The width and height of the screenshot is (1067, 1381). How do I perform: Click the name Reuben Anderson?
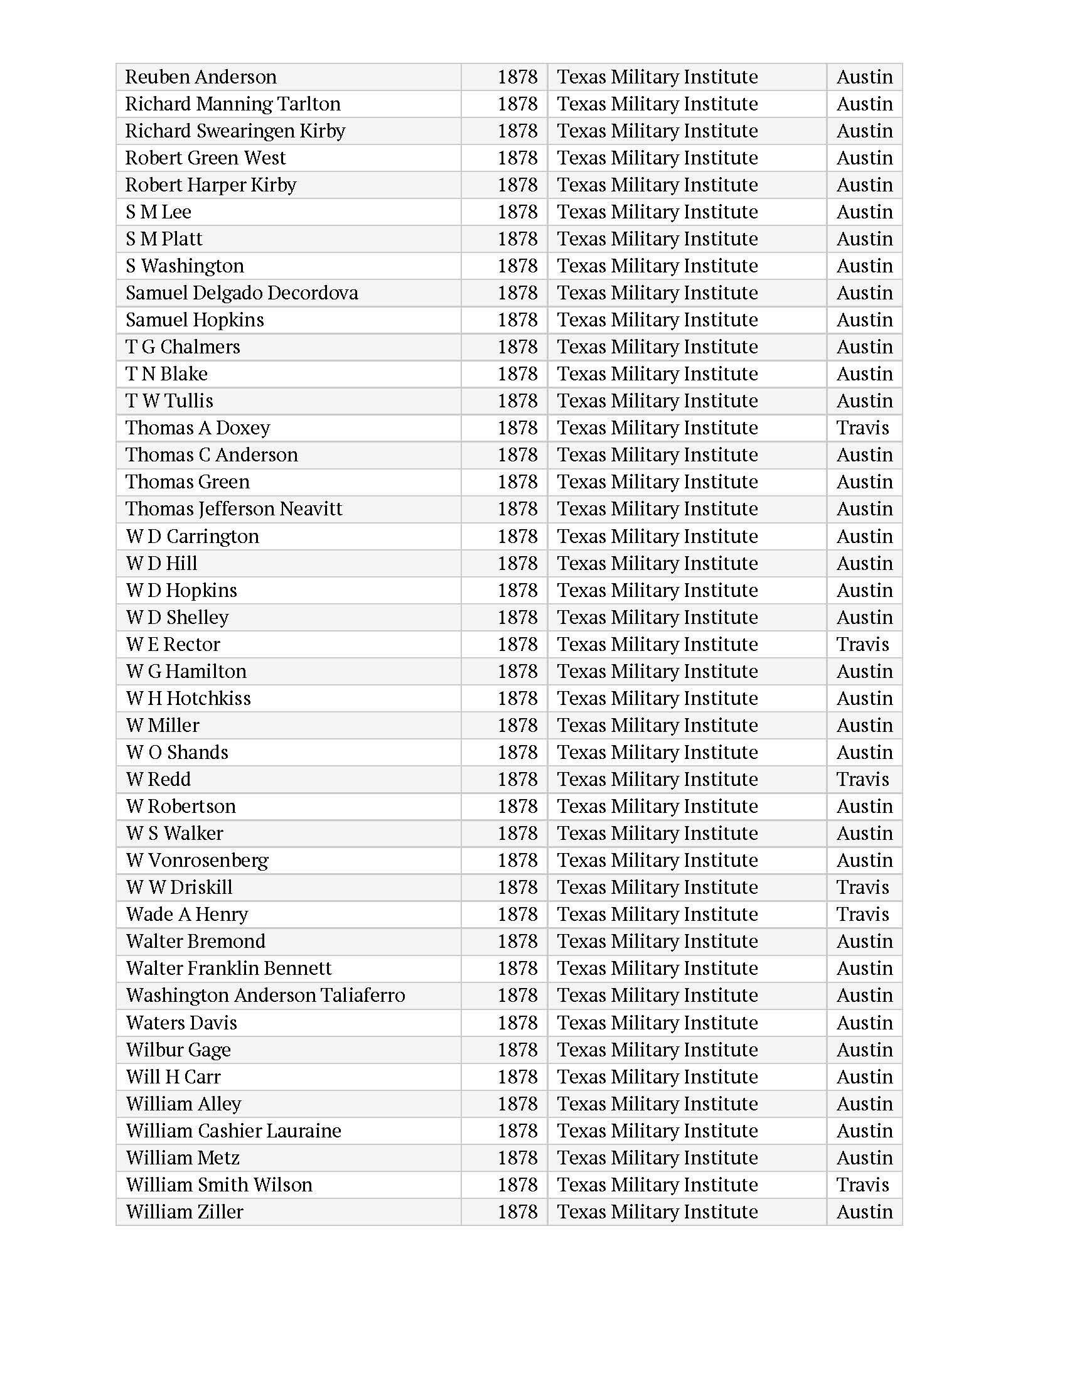click(x=200, y=77)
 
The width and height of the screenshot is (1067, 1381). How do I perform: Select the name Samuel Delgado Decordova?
click(x=242, y=293)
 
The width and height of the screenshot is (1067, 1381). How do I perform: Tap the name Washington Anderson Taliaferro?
click(x=265, y=996)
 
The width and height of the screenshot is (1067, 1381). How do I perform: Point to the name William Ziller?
click(x=184, y=1212)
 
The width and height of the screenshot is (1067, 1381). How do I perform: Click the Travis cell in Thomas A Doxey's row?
click(x=862, y=428)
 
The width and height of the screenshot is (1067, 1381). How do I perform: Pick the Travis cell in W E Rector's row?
click(x=862, y=644)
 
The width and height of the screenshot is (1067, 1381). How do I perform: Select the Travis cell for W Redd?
click(x=862, y=779)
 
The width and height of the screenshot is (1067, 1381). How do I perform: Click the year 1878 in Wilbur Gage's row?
click(x=517, y=1050)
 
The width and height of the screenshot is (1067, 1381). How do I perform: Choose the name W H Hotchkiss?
click(x=188, y=698)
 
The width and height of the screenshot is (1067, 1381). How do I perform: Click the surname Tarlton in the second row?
click(x=309, y=104)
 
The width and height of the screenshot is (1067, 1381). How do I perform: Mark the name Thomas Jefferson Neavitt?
click(x=233, y=509)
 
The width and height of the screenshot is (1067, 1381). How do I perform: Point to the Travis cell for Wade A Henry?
click(x=862, y=915)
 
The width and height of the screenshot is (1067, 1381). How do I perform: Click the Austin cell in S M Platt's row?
click(x=864, y=239)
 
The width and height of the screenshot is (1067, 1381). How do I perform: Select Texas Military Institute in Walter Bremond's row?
click(x=657, y=942)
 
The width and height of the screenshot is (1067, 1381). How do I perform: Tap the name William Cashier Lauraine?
click(x=233, y=1131)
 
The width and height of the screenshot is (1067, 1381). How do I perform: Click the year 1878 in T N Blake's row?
click(x=517, y=373)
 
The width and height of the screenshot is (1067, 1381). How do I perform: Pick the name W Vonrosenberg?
click(x=196, y=861)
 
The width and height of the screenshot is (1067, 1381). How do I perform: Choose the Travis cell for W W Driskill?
click(x=862, y=887)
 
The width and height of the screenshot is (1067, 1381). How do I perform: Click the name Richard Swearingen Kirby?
click(x=235, y=131)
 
